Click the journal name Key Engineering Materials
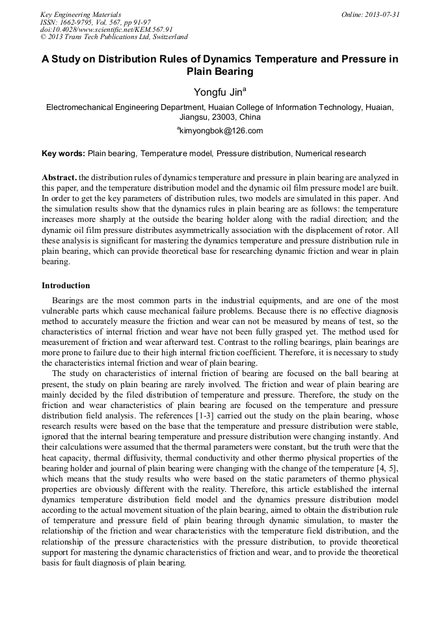tap(81, 14)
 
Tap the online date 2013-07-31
tap(371, 14)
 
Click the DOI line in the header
tap(106, 29)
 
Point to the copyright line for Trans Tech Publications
tap(114, 37)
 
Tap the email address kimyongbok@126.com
tap(221, 131)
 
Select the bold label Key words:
tap(63, 154)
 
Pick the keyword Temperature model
tap(176, 154)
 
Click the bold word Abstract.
tap(59, 178)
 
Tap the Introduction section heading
tap(66, 286)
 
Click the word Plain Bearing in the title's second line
tap(220, 72)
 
